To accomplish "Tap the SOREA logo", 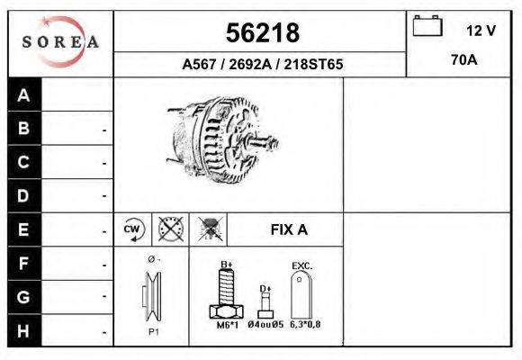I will click(60, 41).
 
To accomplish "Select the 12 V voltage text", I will click(481, 30).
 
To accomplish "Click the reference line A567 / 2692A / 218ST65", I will click(262, 65).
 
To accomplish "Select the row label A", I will click(24, 95).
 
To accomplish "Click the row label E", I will click(24, 229).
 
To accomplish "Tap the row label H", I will click(24, 329).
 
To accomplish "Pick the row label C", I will click(24, 163).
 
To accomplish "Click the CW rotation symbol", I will click(132, 229).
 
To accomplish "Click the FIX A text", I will click(289, 229).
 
